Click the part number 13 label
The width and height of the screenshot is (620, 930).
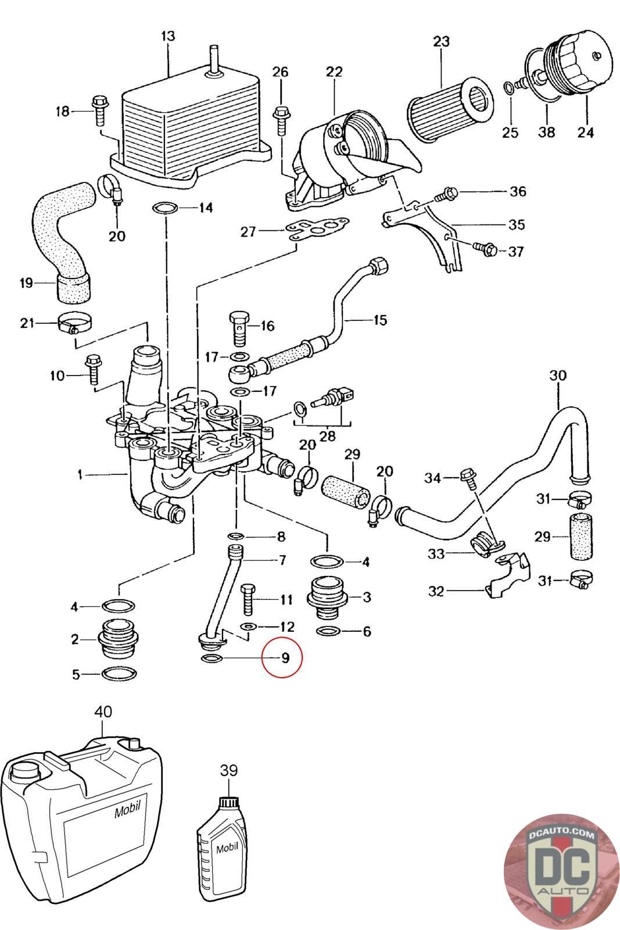point(168,36)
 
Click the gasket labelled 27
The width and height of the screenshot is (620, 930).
point(317,229)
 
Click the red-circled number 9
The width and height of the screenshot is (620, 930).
point(285,658)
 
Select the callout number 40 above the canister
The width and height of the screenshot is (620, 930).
point(103,711)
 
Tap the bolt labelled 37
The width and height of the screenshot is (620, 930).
point(485,248)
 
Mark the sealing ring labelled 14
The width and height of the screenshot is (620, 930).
point(166,207)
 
